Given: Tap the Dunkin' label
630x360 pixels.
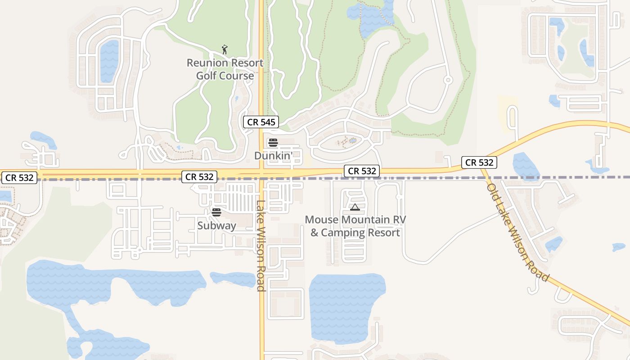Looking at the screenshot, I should [274, 156].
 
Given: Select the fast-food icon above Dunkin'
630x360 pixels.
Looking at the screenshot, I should [273, 143].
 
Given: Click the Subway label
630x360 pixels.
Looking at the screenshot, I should [216, 225].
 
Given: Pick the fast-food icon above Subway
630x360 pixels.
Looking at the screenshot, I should [216, 212].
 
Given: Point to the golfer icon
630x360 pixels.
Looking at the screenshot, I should [225, 49].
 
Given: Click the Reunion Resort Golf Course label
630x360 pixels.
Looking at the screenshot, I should [225, 69].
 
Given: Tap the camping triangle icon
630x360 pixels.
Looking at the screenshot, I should [355, 207].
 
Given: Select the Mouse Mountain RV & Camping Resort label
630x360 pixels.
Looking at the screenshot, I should [355, 226].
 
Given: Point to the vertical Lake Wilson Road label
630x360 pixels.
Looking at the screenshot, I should [261, 245].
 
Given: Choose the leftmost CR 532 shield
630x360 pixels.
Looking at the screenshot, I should [19, 177].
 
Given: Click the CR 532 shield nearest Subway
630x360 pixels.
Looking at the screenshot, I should [199, 177].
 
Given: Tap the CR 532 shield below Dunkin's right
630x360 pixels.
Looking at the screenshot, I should [362, 171].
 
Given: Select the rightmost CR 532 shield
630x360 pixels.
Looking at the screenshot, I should [479, 162].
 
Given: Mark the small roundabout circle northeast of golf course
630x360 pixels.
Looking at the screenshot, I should [448, 80].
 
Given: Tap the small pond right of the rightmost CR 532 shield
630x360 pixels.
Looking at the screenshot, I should [526, 165].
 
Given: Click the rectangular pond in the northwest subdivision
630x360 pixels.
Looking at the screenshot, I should [109, 61].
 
